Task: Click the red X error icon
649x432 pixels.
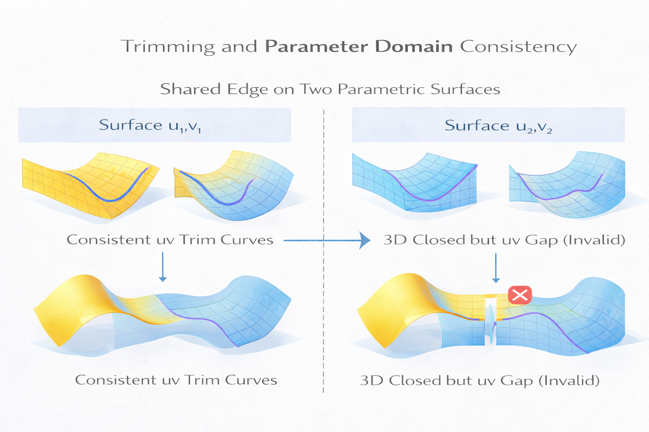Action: (x=520, y=295)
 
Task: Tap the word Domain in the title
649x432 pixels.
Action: (x=414, y=46)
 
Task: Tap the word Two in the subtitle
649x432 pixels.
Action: (x=316, y=89)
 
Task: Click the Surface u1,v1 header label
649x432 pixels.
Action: (x=150, y=125)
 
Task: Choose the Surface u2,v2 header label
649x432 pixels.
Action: (x=498, y=126)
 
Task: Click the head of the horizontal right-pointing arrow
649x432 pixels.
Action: (x=364, y=240)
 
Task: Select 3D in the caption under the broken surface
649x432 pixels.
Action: (x=371, y=381)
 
